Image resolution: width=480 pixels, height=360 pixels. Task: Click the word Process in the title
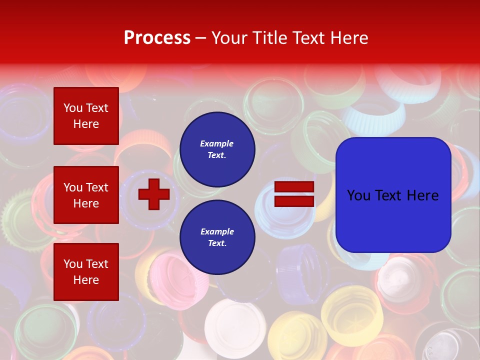(x=157, y=38)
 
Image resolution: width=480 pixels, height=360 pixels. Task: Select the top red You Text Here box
(x=86, y=116)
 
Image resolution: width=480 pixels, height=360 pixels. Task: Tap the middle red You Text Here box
(x=86, y=195)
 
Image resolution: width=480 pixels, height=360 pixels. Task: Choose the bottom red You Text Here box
(x=86, y=272)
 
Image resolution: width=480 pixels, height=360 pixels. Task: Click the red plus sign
(x=154, y=194)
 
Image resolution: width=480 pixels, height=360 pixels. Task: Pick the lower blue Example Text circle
(x=217, y=237)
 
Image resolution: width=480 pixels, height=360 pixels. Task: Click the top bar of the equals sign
(x=294, y=187)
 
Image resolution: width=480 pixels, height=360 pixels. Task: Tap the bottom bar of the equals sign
(x=294, y=201)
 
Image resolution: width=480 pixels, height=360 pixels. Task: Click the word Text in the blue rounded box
(x=393, y=195)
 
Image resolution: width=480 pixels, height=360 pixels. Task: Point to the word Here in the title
(x=349, y=38)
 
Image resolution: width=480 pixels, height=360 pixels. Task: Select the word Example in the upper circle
(x=217, y=144)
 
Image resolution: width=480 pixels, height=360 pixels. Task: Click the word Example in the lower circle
(x=217, y=232)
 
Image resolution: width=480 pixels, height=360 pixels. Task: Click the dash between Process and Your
(x=201, y=38)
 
